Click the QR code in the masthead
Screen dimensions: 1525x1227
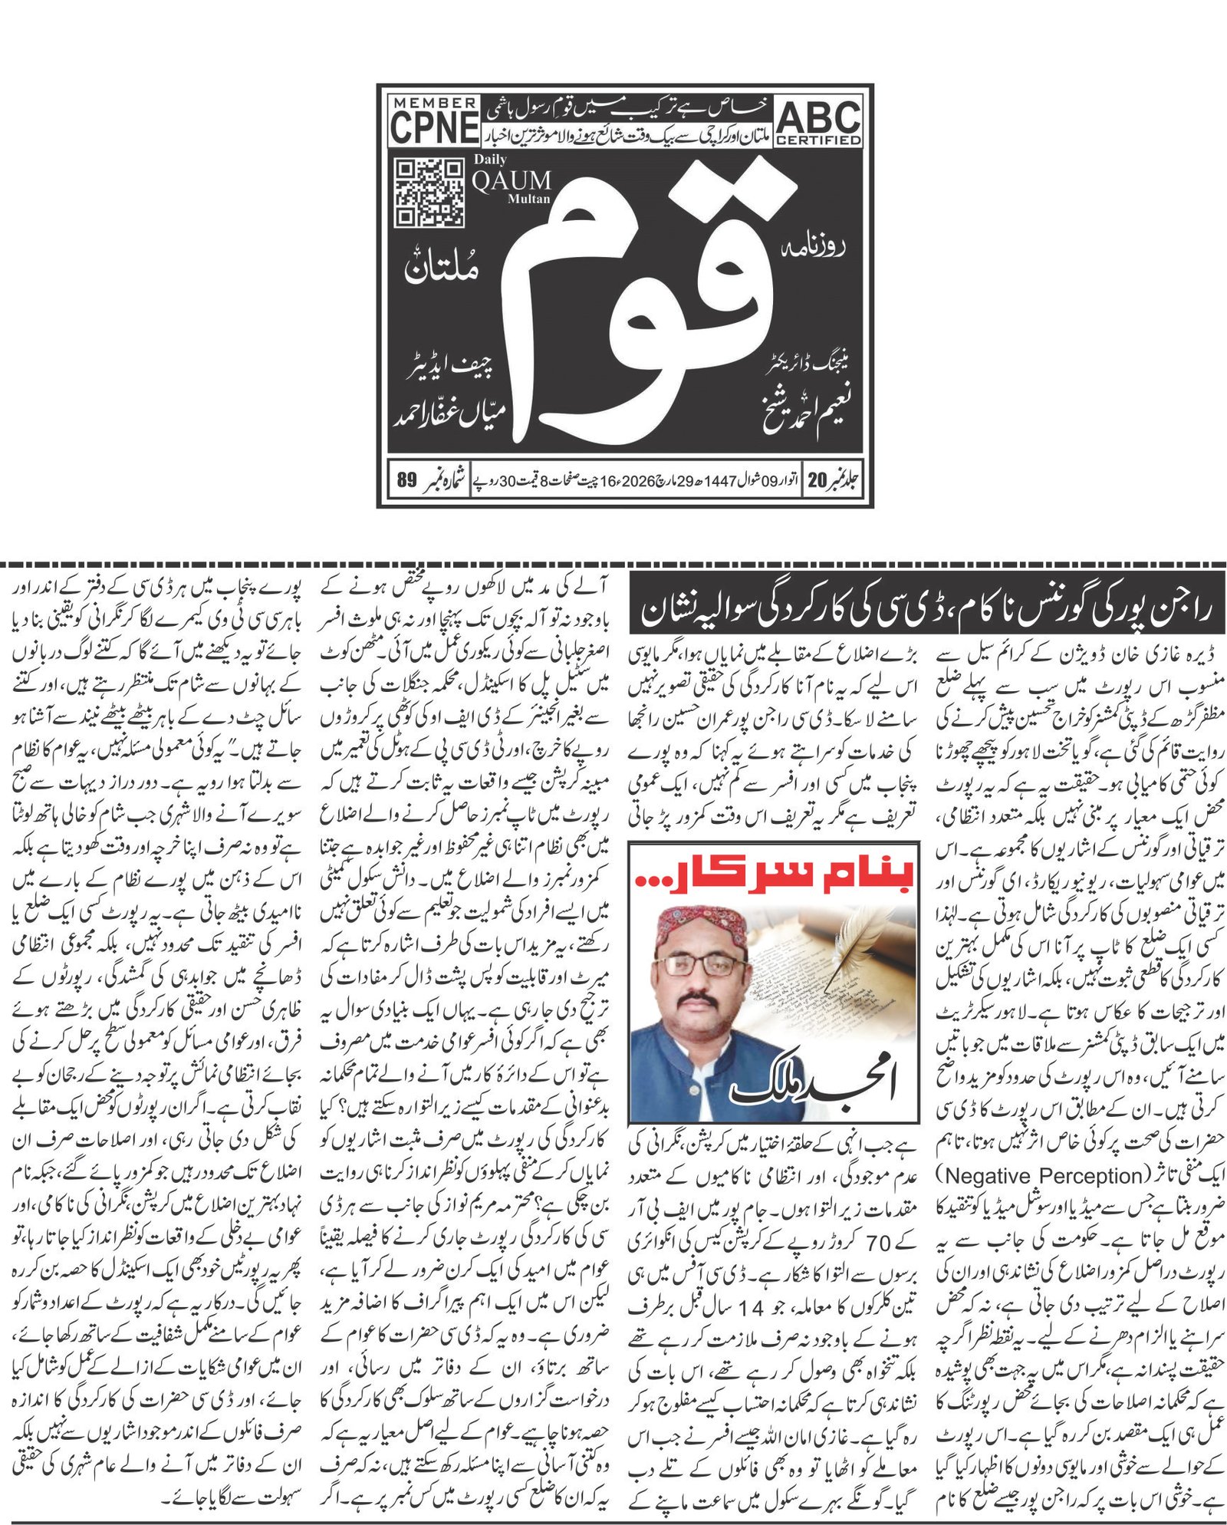point(429,193)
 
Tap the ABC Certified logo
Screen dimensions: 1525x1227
point(818,122)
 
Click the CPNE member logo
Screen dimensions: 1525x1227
point(434,121)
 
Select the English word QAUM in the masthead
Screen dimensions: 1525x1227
point(512,181)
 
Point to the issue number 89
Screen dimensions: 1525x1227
point(406,481)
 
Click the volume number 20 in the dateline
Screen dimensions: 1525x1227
point(817,481)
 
